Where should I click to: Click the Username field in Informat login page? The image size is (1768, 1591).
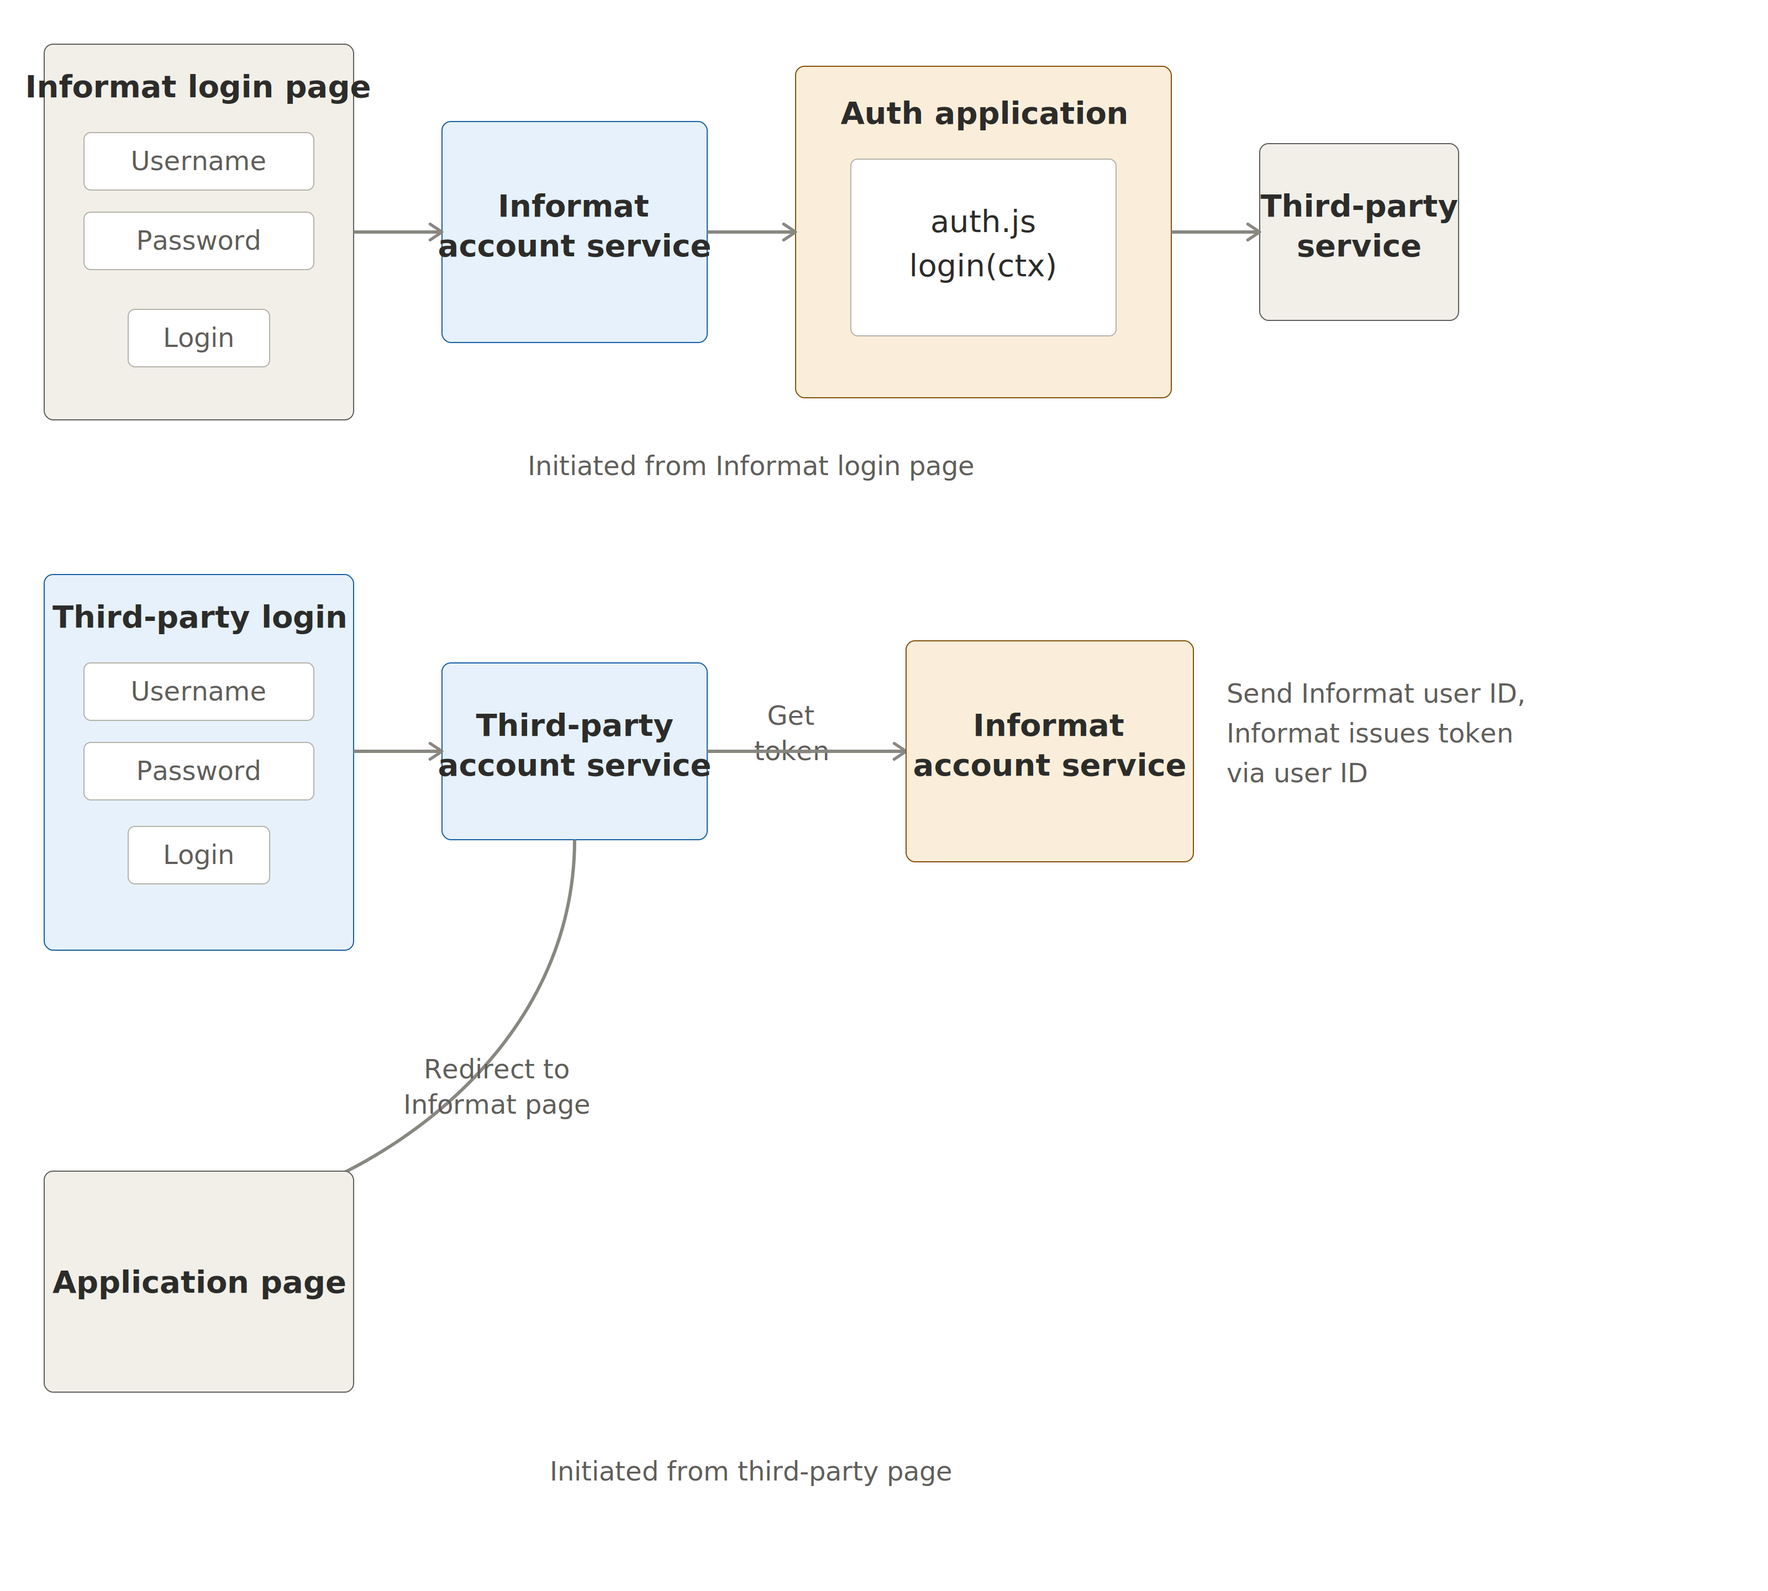pos(198,161)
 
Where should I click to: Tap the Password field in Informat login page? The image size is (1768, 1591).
pos(198,240)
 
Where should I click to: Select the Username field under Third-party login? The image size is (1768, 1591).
pos(198,692)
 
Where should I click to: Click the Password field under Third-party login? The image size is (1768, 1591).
pos(198,771)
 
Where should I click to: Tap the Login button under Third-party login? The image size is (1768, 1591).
pos(198,855)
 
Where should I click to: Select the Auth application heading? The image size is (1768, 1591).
pos(983,114)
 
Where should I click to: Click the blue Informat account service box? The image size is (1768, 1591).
pos(575,231)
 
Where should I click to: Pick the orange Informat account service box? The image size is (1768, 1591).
pos(1049,751)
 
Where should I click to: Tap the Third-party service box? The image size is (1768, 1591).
pos(1358,231)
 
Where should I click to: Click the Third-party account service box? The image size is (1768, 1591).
pos(575,751)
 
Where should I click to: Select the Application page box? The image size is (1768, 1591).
pos(198,1282)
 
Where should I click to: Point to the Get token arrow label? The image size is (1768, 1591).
pos(791,734)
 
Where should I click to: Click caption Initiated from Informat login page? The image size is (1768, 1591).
pos(750,466)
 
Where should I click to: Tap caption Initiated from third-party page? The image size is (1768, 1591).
pos(750,1471)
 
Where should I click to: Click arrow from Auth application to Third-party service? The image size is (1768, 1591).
pos(1214,231)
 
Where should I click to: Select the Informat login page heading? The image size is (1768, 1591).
pos(198,87)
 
